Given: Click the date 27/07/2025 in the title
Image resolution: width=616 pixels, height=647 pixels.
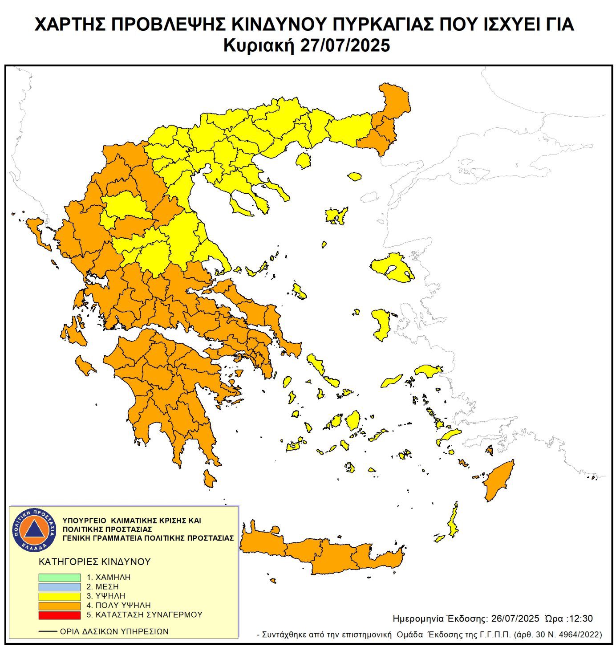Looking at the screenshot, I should pyautogui.click(x=345, y=45).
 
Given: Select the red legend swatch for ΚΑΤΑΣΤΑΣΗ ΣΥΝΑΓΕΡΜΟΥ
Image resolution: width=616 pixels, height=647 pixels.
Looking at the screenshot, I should pyautogui.click(x=59, y=615).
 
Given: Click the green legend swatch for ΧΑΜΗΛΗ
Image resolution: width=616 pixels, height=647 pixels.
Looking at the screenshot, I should pyautogui.click(x=59, y=577).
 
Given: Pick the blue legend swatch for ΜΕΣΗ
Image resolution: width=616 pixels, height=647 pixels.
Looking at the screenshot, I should pyautogui.click(x=59, y=587).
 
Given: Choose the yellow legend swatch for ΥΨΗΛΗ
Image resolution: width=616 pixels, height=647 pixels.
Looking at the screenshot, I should pyautogui.click(x=59, y=596).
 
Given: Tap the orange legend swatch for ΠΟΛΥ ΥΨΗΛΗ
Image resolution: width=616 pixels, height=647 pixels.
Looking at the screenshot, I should pyautogui.click(x=59, y=606).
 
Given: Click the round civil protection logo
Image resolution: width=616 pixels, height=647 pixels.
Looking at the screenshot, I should pyautogui.click(x=34, y=529).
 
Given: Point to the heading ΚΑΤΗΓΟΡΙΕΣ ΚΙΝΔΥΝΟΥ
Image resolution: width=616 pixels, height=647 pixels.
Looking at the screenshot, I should pyautogui.click(x=95, y=562).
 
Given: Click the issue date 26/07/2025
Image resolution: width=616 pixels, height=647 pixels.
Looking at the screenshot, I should pyautogui.click(x=515, y=619).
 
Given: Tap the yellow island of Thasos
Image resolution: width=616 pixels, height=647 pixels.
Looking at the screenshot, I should pyautogui.click(x=304, y=160).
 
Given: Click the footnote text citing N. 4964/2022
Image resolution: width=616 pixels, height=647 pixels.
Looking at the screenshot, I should pyautogui.click(x=430, y=634).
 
